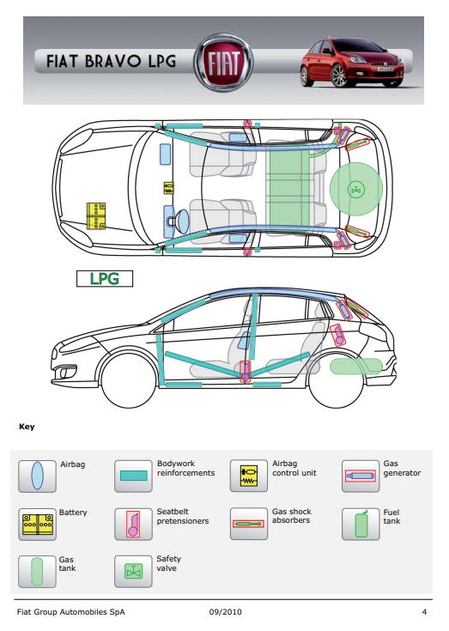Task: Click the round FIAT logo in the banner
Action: pyautogui.click(x=224, y=63)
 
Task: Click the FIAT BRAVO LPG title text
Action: pyautogui.click(x=111, y=62)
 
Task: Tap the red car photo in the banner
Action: pyautogui.click(x=352, y=63)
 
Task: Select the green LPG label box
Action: pyautogui.click(x=105, y=278)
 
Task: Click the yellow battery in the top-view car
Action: pyautogui.click(x=96, y=216)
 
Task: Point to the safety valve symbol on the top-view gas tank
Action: pyautogui.click(x=356, y=189)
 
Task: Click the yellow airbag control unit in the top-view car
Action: pyautogui.click(x=168, y=188)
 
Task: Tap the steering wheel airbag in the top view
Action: pyautogui.click(x=182, y=221)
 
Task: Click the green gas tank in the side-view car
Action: pyautogui.click(x=356, y=367)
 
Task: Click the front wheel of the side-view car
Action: pyautogui.click(x=128, y=380)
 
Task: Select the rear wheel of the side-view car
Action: pyautogui.click(x=336, y=380)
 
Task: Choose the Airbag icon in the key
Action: pyautogui.click(x=37, y=476)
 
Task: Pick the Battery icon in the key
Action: pyautogui.click(x=37, y=524)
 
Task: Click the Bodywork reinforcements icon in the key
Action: pyautogui.click(x=133, y=476)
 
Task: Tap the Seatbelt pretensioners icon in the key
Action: pyautogui.click(x=133, y=524)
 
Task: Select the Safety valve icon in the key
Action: pyautogui.click(x=133, y=572)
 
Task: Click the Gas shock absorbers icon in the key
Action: pyautogui.click(x=249, y=524)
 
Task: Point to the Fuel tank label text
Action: pyautogui.click(x=391, y=517)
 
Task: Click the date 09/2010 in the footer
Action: pyautogui.click(x=225, y=612)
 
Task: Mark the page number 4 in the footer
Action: pyautogui.click(x=424, y=612)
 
